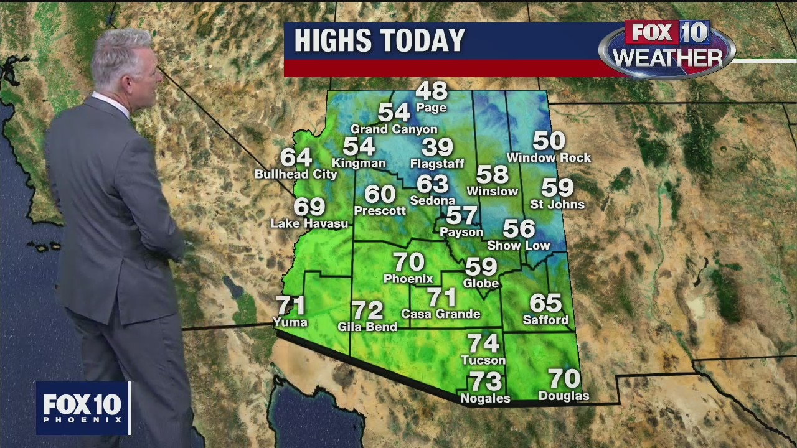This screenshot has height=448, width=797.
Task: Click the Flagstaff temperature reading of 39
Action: tap(437, 147)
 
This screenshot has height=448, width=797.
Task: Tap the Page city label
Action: tap(432, 108)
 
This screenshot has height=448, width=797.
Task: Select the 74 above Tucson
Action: tap(483, 343)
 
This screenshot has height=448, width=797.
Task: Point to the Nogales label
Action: tap(485, 398)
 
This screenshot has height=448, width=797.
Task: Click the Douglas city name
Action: tap(564, 396)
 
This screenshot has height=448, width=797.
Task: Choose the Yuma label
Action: tap(290, 322)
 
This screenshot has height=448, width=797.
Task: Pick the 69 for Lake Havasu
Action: tap(309, 207)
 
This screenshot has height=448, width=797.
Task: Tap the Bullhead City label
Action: tap(296, 174)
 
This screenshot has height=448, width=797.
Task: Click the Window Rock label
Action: tap(549, 158)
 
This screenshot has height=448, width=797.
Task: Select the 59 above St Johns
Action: tap(557, 187)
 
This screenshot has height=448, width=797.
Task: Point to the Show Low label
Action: tap(519, 245)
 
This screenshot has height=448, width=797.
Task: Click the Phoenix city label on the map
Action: tap(408, 278)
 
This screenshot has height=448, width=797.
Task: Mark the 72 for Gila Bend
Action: tap(367, 310)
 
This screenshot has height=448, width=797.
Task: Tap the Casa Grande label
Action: tap(441, 314)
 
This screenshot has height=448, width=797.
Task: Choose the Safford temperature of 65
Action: tap(545, 303)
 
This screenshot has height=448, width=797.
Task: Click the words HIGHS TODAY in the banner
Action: tap(379, 41)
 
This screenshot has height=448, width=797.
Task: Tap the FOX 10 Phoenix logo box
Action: tap(83, 408)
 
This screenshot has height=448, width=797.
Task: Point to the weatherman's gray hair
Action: tap(121, 53)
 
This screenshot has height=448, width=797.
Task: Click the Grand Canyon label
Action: tap(394, 129)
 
